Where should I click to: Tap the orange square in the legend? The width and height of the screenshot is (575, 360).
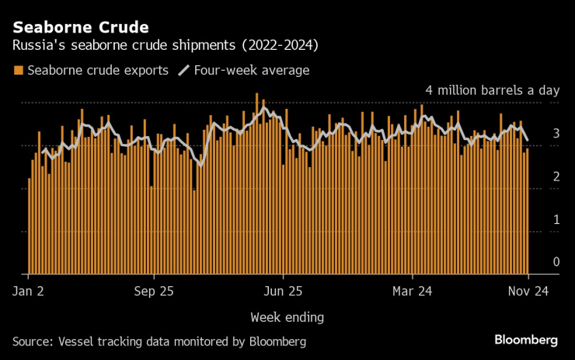pyautogui.click(x=18, y=71)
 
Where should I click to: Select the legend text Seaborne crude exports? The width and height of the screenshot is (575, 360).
pyautogui.click(x=97, y=71)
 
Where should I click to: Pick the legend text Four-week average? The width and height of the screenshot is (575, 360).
pyautogui.click(x=253, y=71)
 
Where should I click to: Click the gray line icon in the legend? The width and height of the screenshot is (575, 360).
pyautogui.click(x=184, y=71)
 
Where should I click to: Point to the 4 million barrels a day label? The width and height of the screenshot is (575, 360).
pyautogui.click(x=491, y=90)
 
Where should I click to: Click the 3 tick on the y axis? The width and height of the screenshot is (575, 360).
pyautogui.click(x=556, y=134)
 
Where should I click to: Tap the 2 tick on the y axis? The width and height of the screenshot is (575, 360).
pyautogui.click(x=556, y=177)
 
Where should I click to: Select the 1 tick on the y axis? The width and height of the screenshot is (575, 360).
pyautogui.click(x=556, y=219)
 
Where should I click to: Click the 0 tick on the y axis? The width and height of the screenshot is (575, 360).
pyautogui.click(x=556, y=262)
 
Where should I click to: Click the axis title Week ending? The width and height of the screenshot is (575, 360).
pyautogui.click(x=287, y=317)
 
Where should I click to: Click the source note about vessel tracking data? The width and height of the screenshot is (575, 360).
pyautogui.click(x=159, y=341)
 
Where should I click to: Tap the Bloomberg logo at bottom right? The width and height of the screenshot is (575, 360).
pyautogui.click(x=526, y=341)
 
